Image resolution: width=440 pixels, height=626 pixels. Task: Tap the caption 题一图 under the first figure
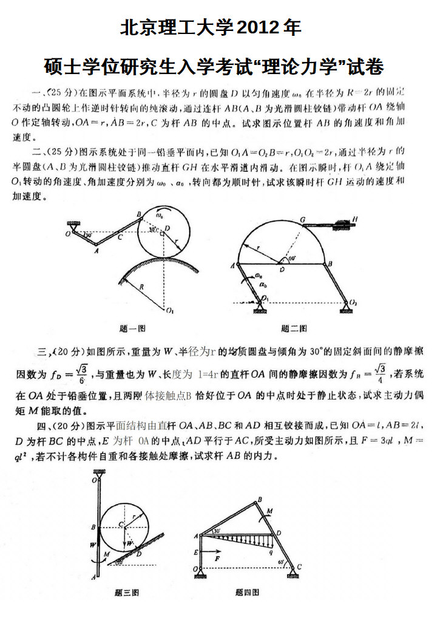click(x=132, y=328)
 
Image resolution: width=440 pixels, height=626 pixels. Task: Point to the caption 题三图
click(x=127, y=592)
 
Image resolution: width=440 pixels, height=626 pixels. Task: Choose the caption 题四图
click(x=247, y=592)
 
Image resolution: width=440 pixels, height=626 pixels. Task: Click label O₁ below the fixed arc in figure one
click(x=169, y=311)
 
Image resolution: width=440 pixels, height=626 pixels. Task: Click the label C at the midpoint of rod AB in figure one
click(x=120, y=237)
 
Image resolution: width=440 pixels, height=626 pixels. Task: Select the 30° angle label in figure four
click(x=217, y=531)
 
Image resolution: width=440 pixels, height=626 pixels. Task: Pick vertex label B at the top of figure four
click(x=260, y=500)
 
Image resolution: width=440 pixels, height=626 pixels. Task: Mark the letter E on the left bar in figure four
click(x=196, y=553)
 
